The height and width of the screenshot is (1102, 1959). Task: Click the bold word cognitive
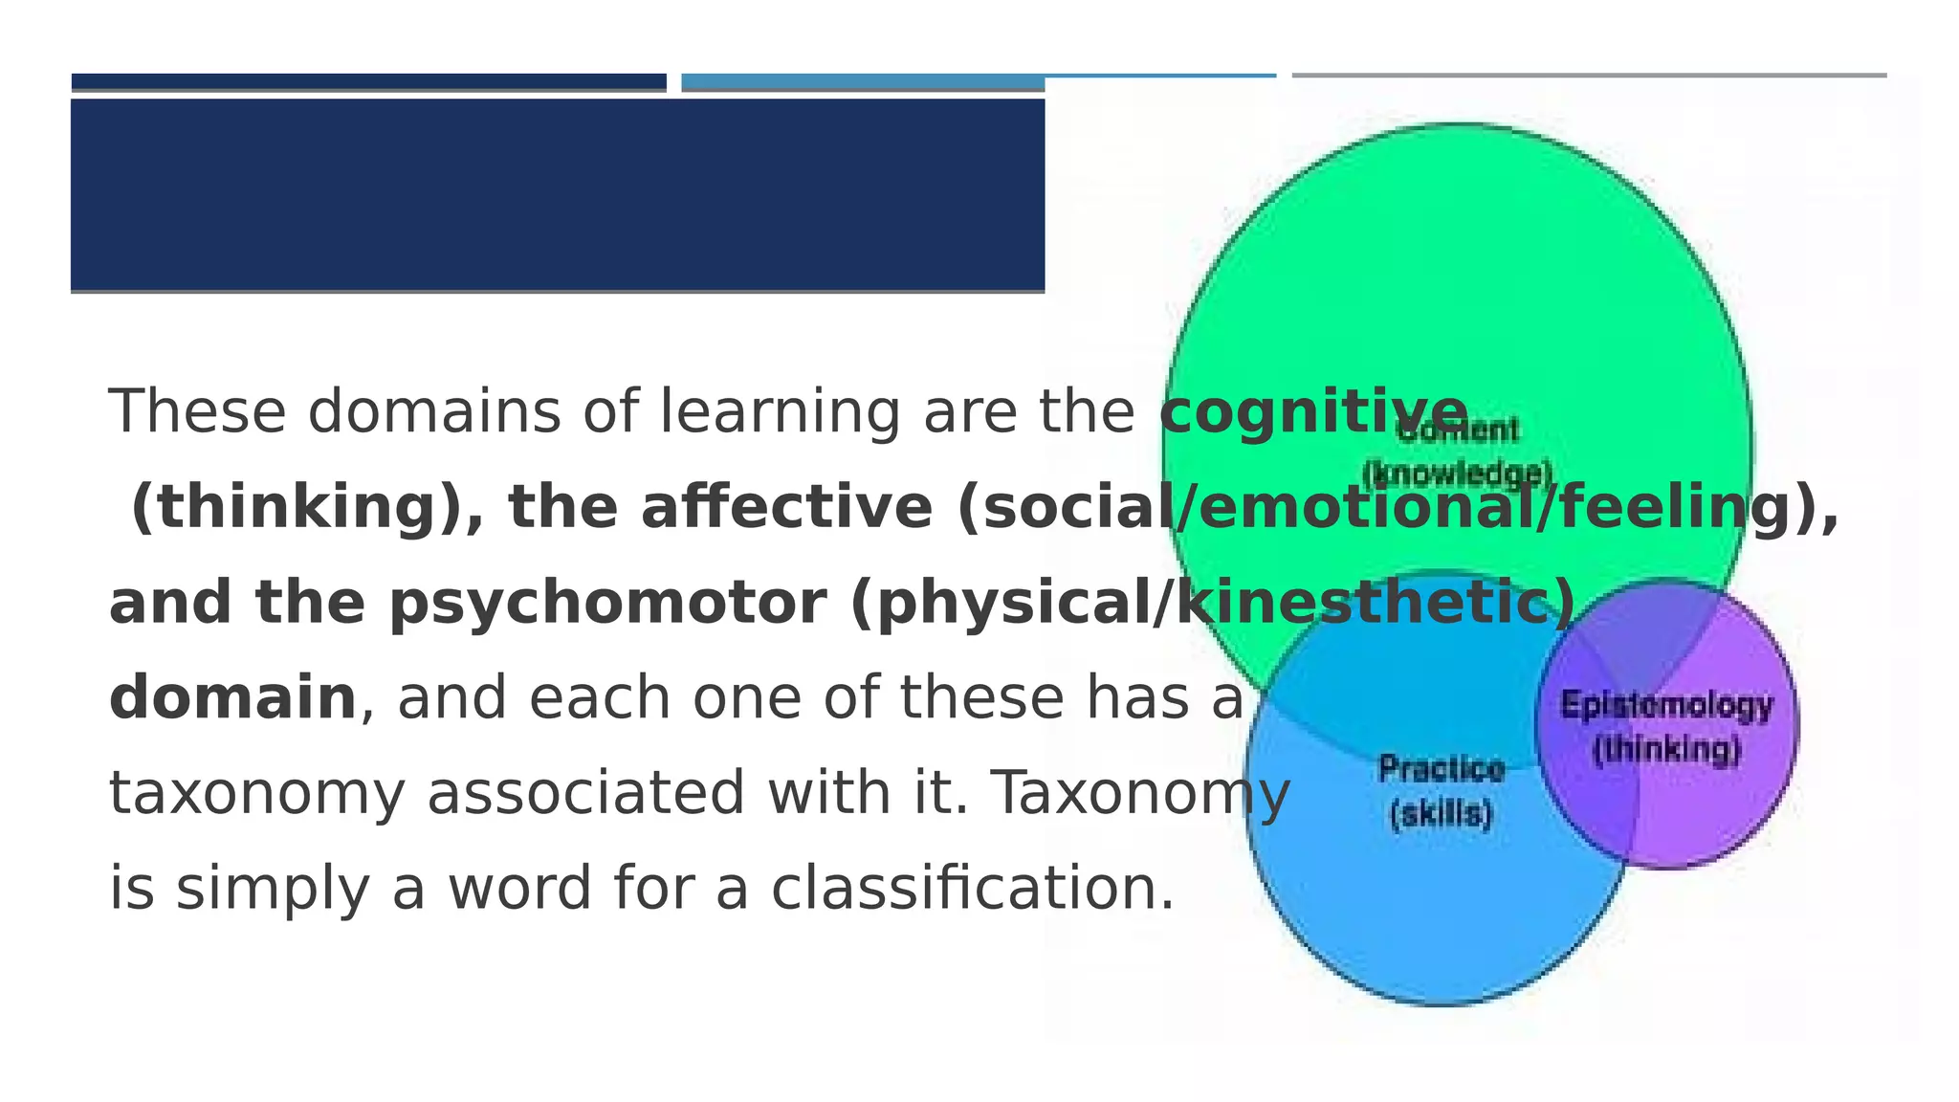[x=1313, y=412]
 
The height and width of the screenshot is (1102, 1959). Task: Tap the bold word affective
[x=786, y=507]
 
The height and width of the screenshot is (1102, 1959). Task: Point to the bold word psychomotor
[x=607, y=603]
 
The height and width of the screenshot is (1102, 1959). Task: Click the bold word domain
[x=232, y=697]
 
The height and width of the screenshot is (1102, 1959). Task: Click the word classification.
[x=972, y=888]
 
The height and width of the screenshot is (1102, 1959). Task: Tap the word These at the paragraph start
[x=197, y=412]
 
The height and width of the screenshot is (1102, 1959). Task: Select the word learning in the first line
[x=780, y=412]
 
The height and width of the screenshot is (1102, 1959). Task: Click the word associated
[x=585, y=793]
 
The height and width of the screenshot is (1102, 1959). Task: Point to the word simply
[x=273, y=888]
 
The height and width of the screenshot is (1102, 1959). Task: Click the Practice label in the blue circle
[x=1442, y=768]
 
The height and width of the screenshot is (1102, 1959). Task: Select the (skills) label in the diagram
[x=1441, y=814]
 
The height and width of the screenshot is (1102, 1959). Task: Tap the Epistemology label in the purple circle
[x=1666, y=706]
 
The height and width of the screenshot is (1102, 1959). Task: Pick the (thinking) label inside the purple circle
[x=1665, y=749]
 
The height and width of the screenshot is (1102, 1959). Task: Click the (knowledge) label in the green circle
[x=1457, y=474]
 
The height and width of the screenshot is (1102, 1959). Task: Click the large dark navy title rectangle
[x=558, y=194]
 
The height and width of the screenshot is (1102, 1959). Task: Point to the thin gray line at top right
[x=1589, y=75]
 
